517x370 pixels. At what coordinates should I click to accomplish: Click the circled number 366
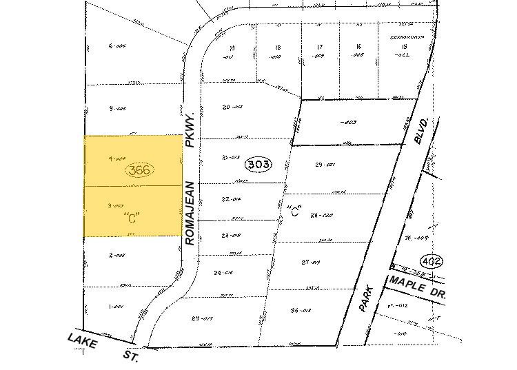point(140,169)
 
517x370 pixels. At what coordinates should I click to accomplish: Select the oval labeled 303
point(258,165)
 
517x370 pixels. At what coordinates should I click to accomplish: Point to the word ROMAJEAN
point(191,213)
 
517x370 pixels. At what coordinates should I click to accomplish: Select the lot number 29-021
point(324,165)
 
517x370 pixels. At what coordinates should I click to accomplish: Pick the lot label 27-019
point(312,263)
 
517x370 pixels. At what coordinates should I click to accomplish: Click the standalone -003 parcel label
point(349,123)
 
